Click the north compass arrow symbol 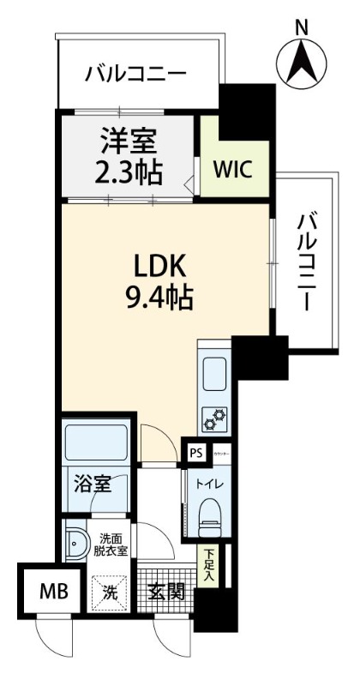point(301,59)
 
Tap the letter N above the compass point(302,27)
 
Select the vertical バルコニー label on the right point(306,262)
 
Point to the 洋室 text point(129,140)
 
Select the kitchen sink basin point(213,372)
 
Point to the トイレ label point(210,484)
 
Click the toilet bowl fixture point(210,518)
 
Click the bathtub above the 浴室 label point(96,442)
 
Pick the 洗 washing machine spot point(110,592)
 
